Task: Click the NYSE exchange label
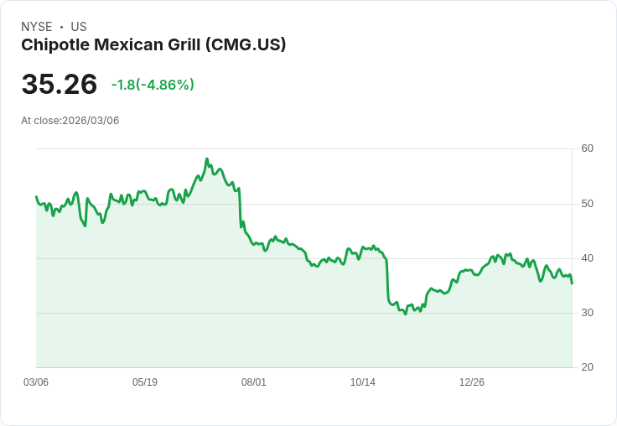point(36,27)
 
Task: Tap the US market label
point(79,27)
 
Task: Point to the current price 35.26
point(59,84)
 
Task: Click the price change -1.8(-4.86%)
point(153,85)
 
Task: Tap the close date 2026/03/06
point(91,121)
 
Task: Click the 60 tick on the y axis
point(587,148)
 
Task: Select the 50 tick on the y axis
point(587,204)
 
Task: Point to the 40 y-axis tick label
point(587,258)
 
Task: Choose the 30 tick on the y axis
point(587,313)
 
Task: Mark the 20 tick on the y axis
point(587,367)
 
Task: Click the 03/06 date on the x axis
point(36,382)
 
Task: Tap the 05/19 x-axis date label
point(145,382)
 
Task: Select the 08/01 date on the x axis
point(254,382)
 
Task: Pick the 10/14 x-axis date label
point(363,382)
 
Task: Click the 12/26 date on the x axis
point(472,382)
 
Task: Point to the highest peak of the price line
point(206,158)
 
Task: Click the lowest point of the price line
point(405,314)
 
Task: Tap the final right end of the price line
point(573,283)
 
